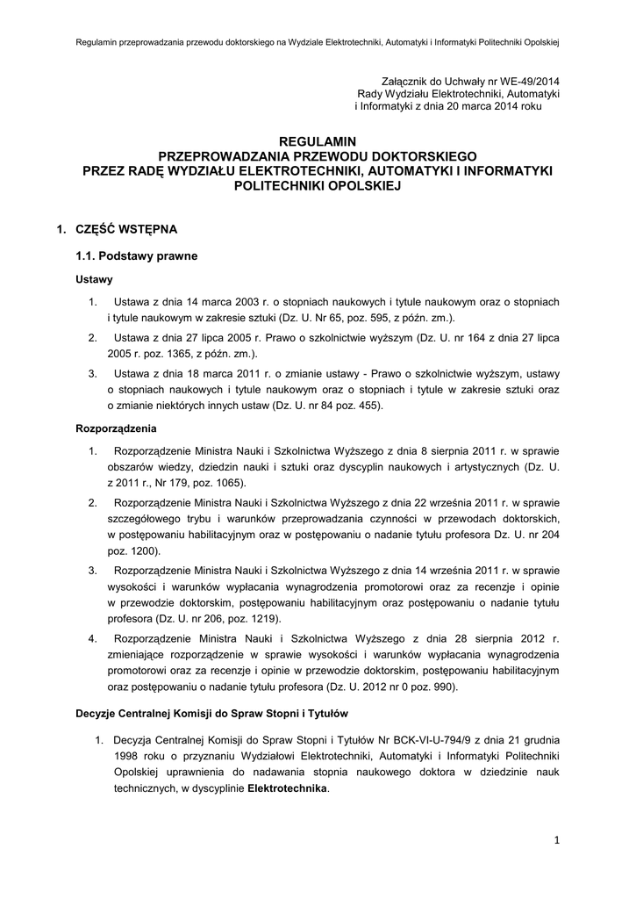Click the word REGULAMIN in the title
click(x=318, y=140)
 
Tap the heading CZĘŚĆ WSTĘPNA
click(x=121, y=229)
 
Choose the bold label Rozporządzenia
click(x=116, y=429)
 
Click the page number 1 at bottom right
click(x=556, y=840)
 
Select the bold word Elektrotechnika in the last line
click(x=287, y=788)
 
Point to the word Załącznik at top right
click(x=409, y=81)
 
